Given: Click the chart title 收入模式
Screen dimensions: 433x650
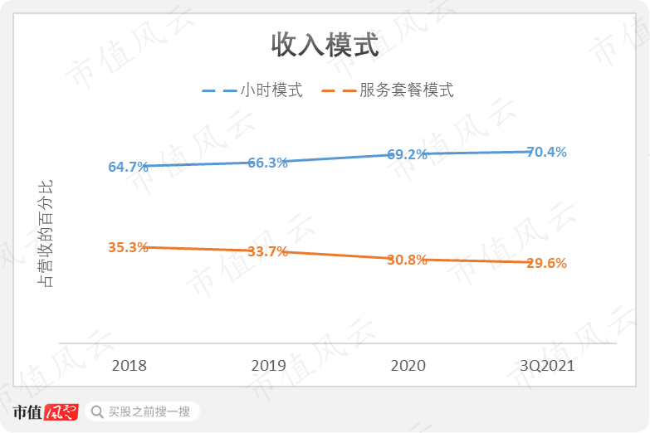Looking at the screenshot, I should [x=325, y=46].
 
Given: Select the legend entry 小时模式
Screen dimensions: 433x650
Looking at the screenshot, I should [x=271, y=90].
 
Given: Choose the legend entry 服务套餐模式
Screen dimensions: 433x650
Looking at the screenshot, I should [x=406, y=90].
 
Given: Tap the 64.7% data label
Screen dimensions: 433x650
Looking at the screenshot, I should [x=128, y=167].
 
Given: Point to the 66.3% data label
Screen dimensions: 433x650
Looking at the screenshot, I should [x=267, y=163].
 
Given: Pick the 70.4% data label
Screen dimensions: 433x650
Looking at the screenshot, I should [x=546, y=152].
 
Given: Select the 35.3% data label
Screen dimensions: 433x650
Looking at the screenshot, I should [x=128, y=247].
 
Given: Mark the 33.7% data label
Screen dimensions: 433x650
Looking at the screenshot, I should [x=267, y=251].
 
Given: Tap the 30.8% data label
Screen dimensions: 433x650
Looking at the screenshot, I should [x=407, y=260].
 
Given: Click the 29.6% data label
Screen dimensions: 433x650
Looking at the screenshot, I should [x=546, y=263].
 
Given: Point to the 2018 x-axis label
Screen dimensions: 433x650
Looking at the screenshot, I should [x=129, y=366].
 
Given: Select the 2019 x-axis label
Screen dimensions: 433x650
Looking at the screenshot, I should [x=268, y=366].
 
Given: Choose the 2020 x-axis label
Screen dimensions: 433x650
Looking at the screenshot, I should [x=408, y=366].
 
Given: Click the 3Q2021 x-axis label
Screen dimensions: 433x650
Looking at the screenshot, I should [x=547, y=366].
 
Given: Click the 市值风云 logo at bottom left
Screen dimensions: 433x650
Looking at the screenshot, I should [x=45, y=411].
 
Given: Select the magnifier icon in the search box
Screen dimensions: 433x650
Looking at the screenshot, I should [x=97, y=411].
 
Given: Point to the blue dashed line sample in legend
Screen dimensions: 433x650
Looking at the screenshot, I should [x=219, y=90].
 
